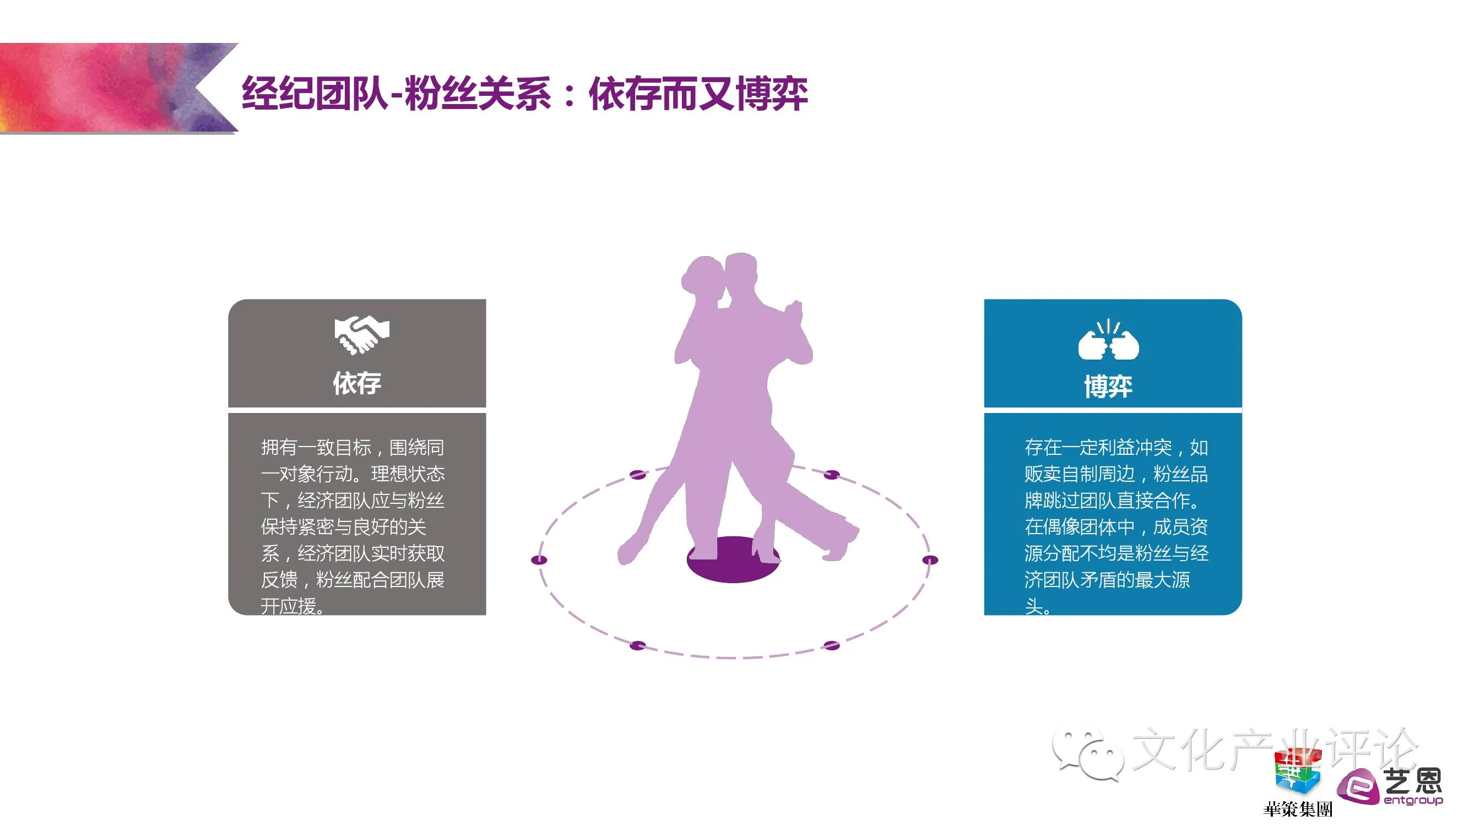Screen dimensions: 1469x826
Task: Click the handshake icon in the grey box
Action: pyautogui.click(x=361, y=335)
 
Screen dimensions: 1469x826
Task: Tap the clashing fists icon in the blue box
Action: pyautogui.click(x=1108, y=341)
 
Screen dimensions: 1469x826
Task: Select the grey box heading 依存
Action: pyautogui.click(x=357, y=383)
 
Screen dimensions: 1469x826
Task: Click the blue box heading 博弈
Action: pyautogui.click(x=1108, y=387)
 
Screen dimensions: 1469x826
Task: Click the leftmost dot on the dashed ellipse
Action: pyautogui.click(x=539, y=560)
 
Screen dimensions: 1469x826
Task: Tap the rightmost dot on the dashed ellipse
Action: pyautogui.click(x=930, y=560)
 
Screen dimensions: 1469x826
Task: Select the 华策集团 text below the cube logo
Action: pyautogui.click(x=1297, y=809)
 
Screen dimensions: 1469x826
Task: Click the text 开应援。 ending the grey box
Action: pyautogui.click(x=292, y=606)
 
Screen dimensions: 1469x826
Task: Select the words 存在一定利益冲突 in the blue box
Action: pyautogui.click(x=1098, y=448)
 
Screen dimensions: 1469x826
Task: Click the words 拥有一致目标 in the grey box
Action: pyautogui.click(x=316, y=448)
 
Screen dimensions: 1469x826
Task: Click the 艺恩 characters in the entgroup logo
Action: pyautogui.click(x=1413, y=780)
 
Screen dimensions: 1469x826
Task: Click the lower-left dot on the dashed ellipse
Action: pyautogui.click(x=637, y=645)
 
